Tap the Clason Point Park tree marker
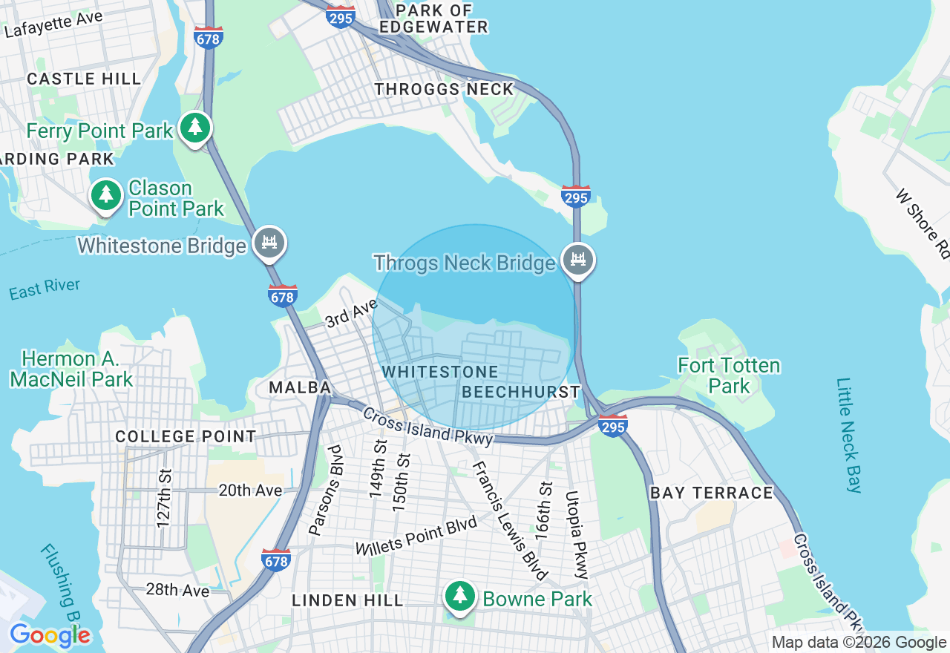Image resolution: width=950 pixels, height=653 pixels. pyautogui.click(x=106, y=195)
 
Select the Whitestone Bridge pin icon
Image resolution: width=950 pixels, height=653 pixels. pyautogui.click(x=269, y=243)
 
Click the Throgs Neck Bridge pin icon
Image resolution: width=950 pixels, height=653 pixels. pyautogui.click(x=578, y=260)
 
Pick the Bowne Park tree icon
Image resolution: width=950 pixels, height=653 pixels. pyautogui.click(x=460, y=596)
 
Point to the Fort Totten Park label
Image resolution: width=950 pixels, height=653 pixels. pyautogui.click(x=729, y=375)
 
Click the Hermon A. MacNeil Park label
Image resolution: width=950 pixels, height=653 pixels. pyautogui.click(x=71, y=369)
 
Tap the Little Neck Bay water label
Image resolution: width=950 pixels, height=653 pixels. pyautogui.click(x=849, y=436)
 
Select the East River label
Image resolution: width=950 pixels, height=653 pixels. pyautogui.click(x=45, y=289)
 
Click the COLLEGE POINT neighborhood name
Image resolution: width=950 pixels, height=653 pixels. pyautogui.click(x=186, y=437)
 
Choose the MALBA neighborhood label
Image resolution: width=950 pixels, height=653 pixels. pyautogui.click(x=300, y=387)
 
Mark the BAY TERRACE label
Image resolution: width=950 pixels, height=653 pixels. pyautogui.click(x=712, y=493)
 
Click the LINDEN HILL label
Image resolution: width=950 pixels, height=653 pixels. pyautogui.click(x=348, y=600)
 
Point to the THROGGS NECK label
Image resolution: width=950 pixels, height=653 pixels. pyautogui.click(x=444, y=89)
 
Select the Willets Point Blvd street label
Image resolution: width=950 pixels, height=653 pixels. pyautogui.click(x=416, y=536)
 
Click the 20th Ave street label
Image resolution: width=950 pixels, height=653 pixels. pyautogui.click(x=250, y=490)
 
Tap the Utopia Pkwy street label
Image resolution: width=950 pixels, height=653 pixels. pyautogui.click(x=576, y=534)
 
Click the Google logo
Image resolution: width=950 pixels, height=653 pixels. pyautogui.click(x=50, y=635)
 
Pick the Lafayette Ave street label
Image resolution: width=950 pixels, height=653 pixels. pyautogui.click(x=53, y=24)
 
